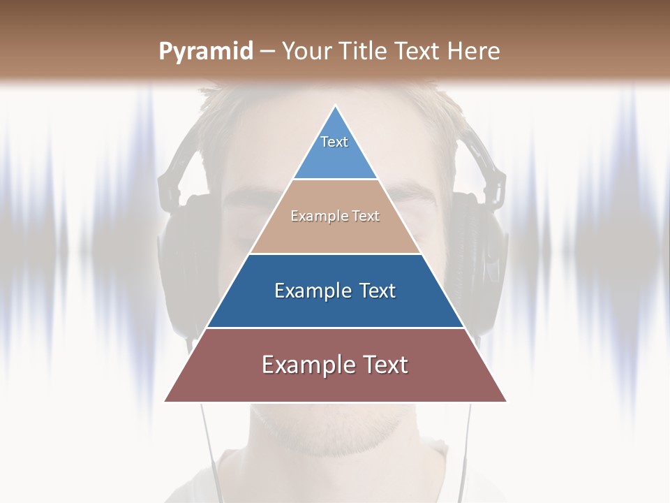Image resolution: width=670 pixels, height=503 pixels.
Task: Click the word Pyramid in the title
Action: click(206, 52)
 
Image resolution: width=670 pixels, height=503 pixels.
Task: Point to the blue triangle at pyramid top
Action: click(335, 157)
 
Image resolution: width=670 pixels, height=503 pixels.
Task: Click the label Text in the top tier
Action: click(334, 142)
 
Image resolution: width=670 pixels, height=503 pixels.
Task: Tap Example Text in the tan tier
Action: click(335, 217)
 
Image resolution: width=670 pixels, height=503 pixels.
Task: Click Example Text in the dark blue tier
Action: click(335, 291)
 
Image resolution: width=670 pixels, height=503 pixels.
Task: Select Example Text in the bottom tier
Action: click(335, 365)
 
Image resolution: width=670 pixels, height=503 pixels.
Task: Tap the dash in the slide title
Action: click(267, 52)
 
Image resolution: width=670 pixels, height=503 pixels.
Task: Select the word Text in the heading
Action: click(417, 52)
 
